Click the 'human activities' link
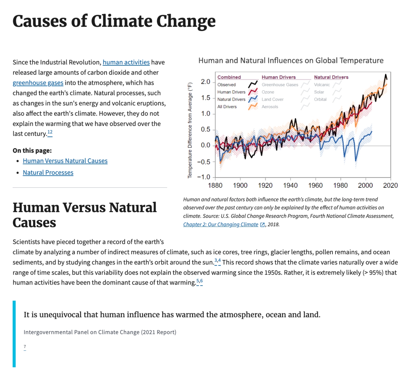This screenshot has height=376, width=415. [x=126, y=62]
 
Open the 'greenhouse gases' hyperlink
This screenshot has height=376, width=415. [x=38, y=83]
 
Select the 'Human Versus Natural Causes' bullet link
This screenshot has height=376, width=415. [x=65, y=161]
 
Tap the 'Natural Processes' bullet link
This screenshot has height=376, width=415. [x=48, y=173]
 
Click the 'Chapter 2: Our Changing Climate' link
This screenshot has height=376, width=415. [x=220, y=224]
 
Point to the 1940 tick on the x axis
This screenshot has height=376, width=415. [x=290, y=185]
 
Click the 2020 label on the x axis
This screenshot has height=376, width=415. [x=390, y=185]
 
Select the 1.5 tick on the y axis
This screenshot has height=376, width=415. [x=206, y=98]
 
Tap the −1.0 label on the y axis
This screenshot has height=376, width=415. [x=204, y=177]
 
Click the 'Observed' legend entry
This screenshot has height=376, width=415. [x=226, y=85]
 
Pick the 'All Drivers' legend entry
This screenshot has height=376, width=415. [x=227, y=107]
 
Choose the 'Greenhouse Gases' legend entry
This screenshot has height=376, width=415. [x=280, y=85]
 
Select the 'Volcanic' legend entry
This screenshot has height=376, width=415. [x=322, y=85]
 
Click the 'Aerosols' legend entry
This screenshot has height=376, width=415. [x=270, y=107]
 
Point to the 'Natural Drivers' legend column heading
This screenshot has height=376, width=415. [x=331, y=77]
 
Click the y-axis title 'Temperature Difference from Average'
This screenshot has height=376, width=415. [x=190, y=130]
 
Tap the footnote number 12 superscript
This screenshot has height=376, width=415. [x=50, y=132]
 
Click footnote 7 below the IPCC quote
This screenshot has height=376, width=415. [x=25, y=347]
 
